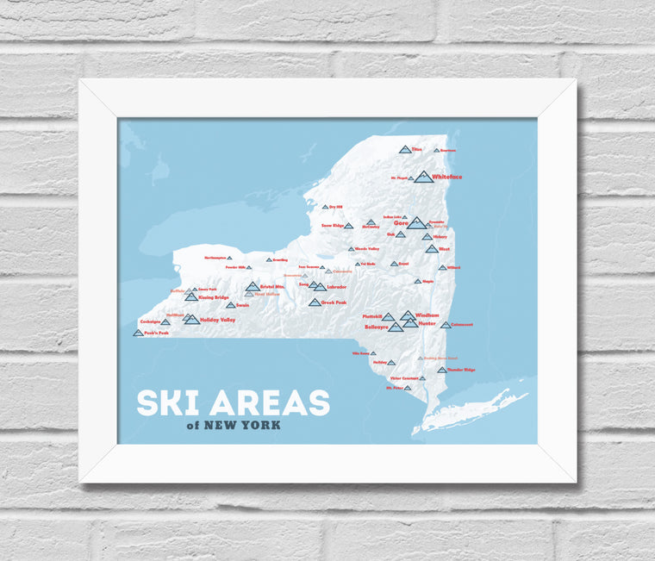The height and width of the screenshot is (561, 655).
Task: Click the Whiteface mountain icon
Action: click(x=422, y=177)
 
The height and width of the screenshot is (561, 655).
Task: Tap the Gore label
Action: click(x=402, y=223)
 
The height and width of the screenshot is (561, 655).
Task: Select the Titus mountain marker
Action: click(x=405, y=150)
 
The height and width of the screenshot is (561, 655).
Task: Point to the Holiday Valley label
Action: click(x=217, y=320)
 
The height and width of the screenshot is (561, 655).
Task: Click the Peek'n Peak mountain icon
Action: click(x=138, y=332)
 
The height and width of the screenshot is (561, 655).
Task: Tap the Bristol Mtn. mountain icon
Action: click(x=253, y=287)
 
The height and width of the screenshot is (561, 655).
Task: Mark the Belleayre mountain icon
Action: click(x=396, y=327)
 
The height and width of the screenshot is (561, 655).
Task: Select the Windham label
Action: click(x=427, y=315)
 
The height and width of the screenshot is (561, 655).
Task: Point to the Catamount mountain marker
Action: click(x=446, y=325)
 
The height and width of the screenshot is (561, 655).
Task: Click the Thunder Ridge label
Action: click(x=461, y=370)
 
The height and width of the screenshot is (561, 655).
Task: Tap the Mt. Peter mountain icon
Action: click(x=407, y=388)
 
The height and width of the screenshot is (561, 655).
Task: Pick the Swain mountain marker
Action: click(x=230, y=304)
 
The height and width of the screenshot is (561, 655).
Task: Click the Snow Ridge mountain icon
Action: click(x=348, y=226)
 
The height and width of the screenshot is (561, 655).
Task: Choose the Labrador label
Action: click(x=336, y=287)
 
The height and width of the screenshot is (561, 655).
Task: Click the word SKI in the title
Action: click(x=169, y=403)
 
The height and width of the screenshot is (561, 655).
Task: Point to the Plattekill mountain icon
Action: click(x=388, y=317)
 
